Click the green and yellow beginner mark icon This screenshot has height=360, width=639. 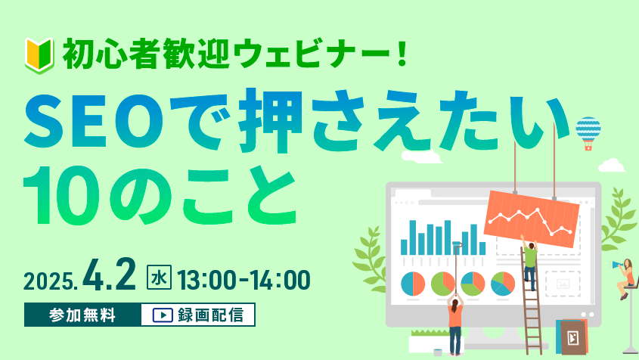(x=39, y=55)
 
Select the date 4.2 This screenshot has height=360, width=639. (x=109, y=275)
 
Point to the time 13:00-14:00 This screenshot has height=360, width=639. (x=244, y=280)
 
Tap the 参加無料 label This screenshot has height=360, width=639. (x=82, y=315)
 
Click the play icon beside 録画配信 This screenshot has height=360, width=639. (x=163, y=315)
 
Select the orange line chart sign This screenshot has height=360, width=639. (x=532, y=218)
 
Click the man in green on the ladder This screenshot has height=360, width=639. (x=530, y=262)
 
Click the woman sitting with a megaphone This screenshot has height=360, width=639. (x=625, y=277)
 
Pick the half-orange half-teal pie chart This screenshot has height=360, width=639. (x=413, y=284)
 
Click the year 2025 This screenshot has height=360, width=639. (x=49, y=281)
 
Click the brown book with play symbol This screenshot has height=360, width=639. (x=573, y=337)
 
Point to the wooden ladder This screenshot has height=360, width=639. (x=531, y=299)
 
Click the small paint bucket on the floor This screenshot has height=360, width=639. (x=438, y=352)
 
